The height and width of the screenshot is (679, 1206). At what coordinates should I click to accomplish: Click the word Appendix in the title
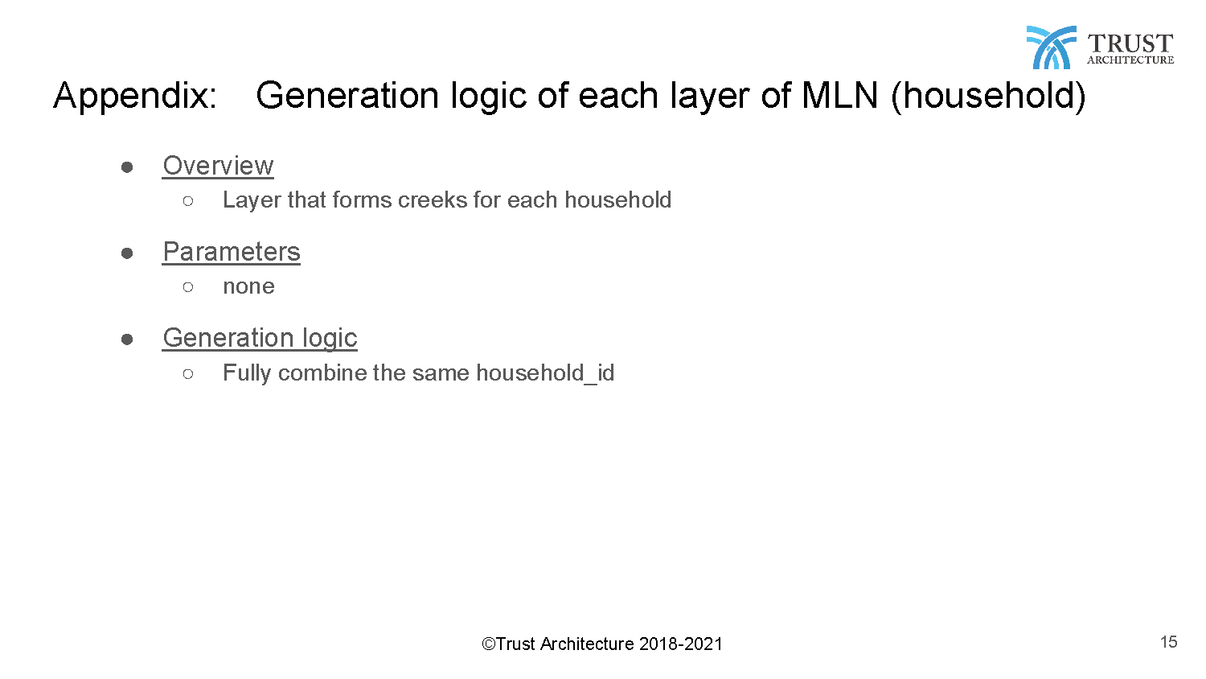coord(134,97)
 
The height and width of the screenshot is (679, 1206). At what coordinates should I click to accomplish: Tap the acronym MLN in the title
coord(839,96)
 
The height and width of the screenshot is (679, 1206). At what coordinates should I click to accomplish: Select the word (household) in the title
coord(988,97)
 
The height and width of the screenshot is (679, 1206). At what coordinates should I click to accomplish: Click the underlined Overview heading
coord(218,166)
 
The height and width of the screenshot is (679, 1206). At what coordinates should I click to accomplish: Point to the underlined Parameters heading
coord(232,252)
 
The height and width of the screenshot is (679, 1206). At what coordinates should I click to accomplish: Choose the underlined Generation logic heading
coord(260,339)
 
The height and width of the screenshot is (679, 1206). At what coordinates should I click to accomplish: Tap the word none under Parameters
coord(248,286)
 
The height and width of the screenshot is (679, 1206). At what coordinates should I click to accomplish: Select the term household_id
coord(545,373)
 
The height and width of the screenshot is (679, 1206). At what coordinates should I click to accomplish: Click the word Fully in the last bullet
coord(247,373)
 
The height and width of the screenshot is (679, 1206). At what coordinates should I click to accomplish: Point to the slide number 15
coord(1169,642)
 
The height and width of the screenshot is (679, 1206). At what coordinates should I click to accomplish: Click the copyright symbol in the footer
coord(488,644)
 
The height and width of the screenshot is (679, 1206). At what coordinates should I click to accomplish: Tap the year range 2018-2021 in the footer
coord(680,644)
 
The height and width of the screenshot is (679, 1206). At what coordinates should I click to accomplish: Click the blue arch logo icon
coord(1052,47)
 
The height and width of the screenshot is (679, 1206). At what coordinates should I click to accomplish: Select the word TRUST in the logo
coord(1130,43)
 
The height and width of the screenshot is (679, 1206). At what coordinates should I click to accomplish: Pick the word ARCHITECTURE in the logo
coord(1130,60)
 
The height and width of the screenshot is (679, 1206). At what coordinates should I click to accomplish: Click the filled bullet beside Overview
coord(127,167)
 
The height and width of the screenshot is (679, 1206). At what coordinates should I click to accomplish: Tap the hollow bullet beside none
coord(188,286)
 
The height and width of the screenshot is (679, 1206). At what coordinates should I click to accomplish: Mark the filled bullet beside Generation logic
coord(127,339)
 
